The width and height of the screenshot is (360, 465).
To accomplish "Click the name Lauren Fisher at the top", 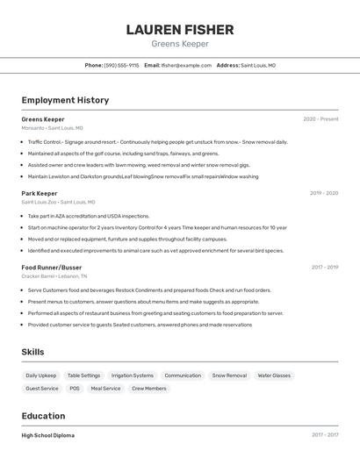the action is click(x=180, y=29).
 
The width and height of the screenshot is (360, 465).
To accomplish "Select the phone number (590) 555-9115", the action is click(x=121, y=65).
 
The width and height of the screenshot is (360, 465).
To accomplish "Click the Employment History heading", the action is click(x=65, y=100).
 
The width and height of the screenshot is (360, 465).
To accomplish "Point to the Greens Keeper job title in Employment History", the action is click(x=43, y=119).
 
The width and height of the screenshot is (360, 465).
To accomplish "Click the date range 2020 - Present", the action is click(x=320, y=119).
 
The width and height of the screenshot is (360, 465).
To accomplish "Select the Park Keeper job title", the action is click(x=40, y=193).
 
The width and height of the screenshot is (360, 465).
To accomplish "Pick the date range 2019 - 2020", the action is click(x=324, y=193).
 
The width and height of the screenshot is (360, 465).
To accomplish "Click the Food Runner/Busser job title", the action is click(x=52, y=267).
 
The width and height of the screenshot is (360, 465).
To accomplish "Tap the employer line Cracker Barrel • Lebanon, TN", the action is click(x=57, y=276).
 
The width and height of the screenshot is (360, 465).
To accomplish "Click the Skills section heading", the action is click(x=33, y=352).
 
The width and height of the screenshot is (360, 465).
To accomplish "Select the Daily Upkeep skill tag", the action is click(x=41, y=376).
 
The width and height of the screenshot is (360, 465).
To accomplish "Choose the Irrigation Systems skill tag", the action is click(x=133, y=376).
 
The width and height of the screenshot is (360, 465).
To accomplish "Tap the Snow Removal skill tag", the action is click(x=229, y=376).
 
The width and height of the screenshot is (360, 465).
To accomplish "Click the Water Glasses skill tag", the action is click(x=274, y=376).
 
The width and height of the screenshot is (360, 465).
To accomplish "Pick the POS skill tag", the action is click(x=75, y=388).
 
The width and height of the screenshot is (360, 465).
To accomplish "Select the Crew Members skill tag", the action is click(x=149, y=388).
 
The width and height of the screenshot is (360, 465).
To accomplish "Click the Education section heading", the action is click(x=43, y=416).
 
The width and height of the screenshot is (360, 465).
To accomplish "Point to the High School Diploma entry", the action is click(x=48, y=435).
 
